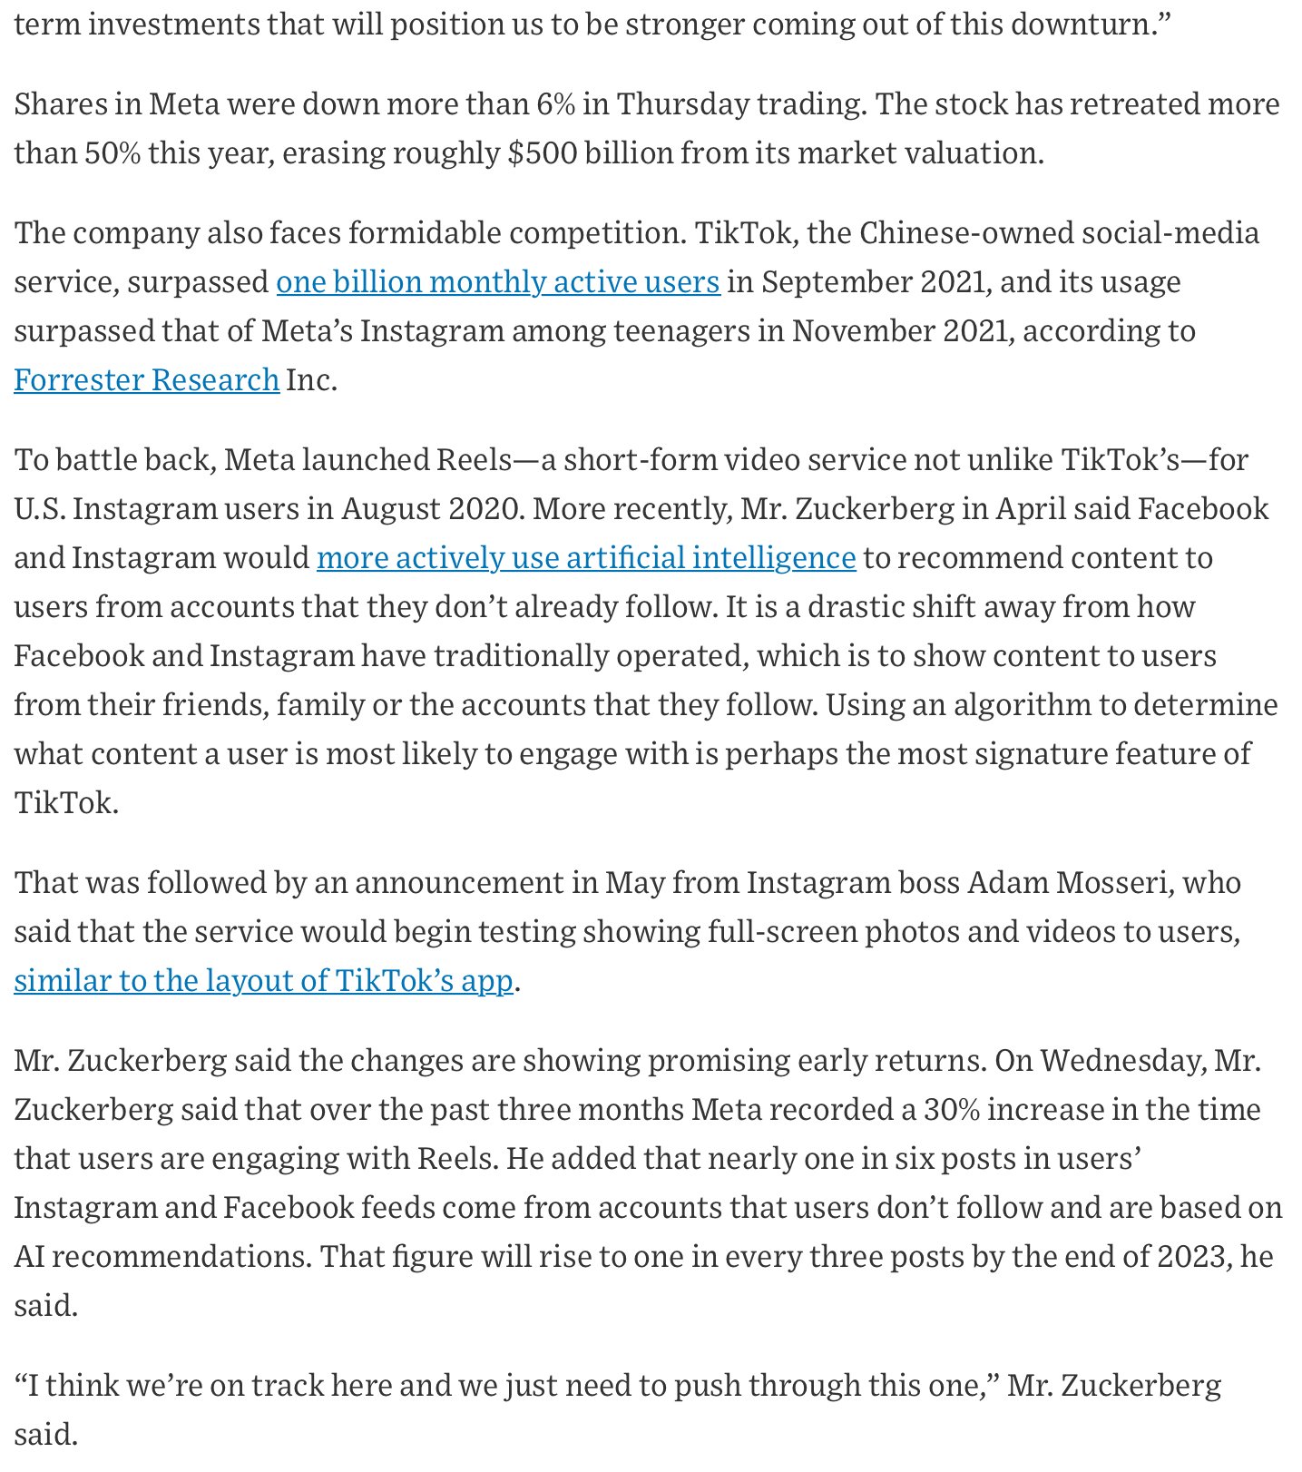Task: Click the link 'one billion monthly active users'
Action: coord(498,282)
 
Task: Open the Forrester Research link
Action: coord(146,379)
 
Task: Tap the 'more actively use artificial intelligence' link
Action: coord(586,557)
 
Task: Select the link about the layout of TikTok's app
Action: coord(263,980)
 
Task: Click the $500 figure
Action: coord(543,152)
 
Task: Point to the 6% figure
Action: coord(555,104)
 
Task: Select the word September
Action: coord(836,282)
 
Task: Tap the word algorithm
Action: coord(1022,704)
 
